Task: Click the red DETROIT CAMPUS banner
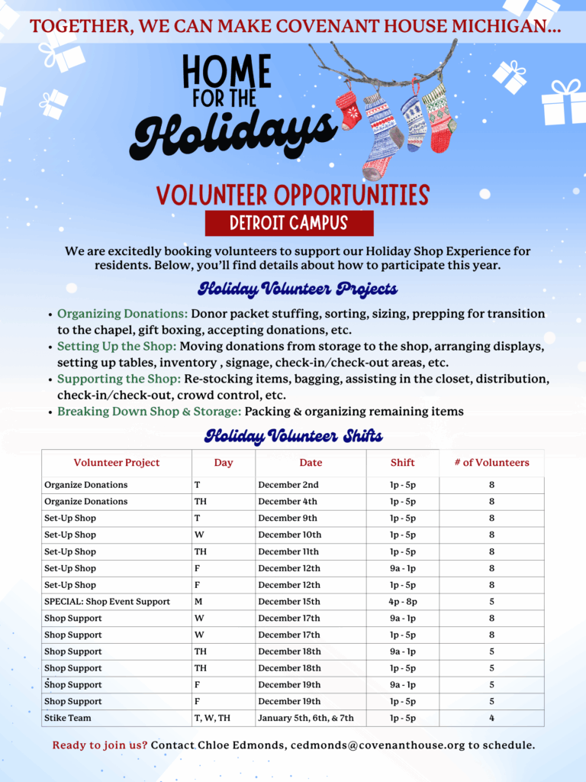[289, 224]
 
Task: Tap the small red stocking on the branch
[349, 110]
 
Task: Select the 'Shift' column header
[402, 463]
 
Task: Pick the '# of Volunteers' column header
[491, 463]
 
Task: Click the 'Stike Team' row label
[68, 718]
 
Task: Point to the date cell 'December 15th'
[289, 602]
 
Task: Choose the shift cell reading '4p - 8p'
[402, 602]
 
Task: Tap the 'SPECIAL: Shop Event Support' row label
[107, 602]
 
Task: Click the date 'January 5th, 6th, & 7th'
[306, 718]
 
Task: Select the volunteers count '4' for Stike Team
[491, 718]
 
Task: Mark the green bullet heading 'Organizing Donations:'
[122, 314]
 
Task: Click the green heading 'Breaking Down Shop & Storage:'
[150, 412]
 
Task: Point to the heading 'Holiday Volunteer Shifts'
[293, 437]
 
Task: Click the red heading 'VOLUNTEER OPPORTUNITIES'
[293, 195]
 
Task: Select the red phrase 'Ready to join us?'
[100, 745]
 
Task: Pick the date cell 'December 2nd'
[288, 485]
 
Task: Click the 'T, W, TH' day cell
[214, 718]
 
